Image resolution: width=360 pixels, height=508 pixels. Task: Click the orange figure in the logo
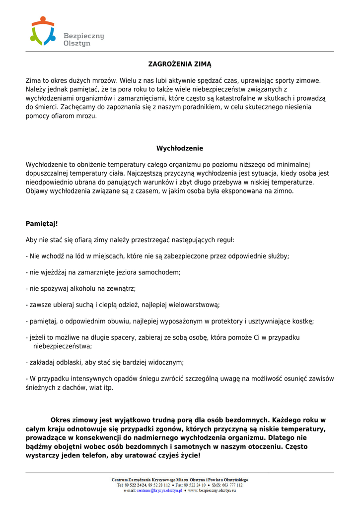43,22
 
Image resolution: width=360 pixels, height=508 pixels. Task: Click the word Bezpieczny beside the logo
84,36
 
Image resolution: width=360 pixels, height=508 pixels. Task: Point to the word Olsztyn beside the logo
77,44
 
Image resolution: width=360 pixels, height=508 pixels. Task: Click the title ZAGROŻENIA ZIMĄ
180,64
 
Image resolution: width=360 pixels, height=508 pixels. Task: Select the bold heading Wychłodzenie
180,148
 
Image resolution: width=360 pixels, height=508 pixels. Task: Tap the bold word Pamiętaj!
42,224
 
